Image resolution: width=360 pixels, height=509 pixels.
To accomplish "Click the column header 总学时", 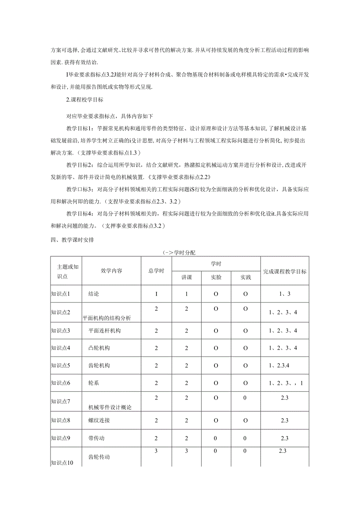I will [156, 271].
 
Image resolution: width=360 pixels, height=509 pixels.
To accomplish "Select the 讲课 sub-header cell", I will [186, 277].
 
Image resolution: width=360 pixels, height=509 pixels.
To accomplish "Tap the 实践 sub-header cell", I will [245, 277].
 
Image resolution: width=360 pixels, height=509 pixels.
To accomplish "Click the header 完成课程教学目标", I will [284, 271].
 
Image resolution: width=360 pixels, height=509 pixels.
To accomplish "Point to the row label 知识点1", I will [61, 294].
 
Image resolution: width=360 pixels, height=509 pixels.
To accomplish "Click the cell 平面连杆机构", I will [105, 331].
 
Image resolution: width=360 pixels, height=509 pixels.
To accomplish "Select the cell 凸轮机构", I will [99, 348].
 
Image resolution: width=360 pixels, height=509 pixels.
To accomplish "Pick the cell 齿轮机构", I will [99, 366].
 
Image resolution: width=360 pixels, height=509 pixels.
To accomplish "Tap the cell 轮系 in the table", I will [94, 383].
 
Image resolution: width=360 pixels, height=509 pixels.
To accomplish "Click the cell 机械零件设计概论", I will [110, 407].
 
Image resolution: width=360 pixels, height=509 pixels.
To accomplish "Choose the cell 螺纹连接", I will [99, 421].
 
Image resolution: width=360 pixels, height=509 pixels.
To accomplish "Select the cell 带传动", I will [97, 438].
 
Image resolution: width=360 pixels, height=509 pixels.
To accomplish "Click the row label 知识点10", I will [62, 463].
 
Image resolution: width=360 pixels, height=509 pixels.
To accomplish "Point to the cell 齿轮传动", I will [99, 457].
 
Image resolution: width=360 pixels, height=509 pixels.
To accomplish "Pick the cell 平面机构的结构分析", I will [107, 318].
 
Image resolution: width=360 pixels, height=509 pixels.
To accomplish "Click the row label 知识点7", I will [61, 401].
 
